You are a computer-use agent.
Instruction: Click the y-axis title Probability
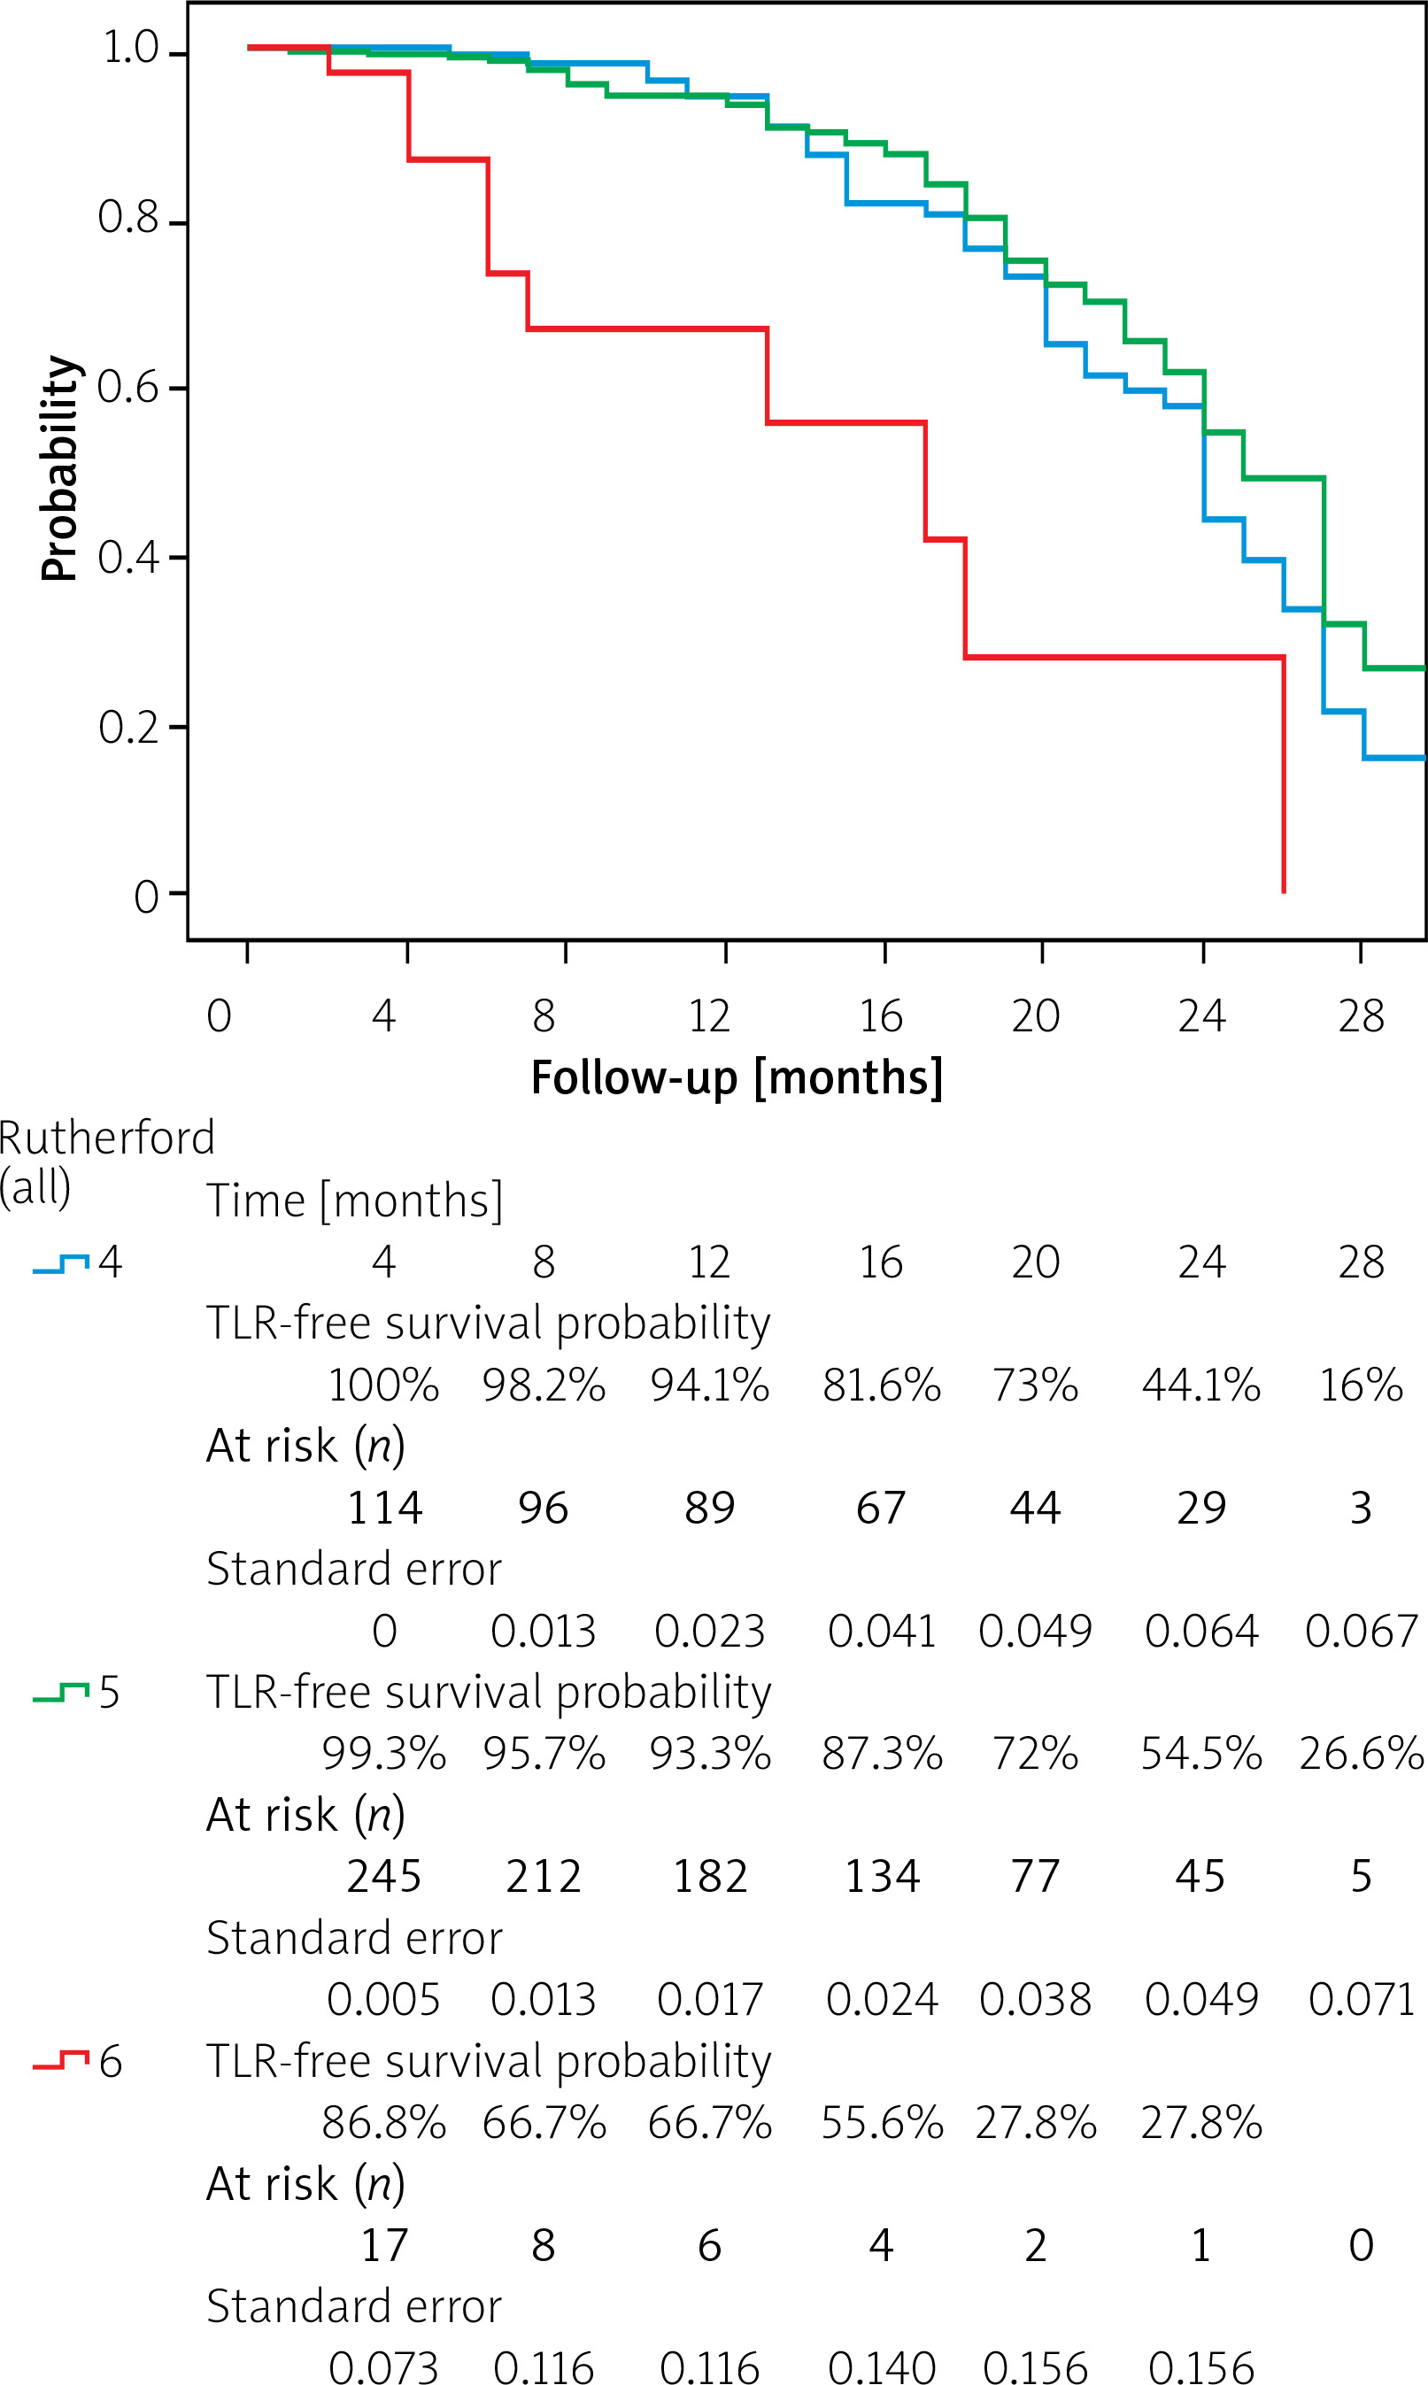(x=59, y=467)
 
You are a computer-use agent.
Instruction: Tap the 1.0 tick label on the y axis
(x=130, y=48)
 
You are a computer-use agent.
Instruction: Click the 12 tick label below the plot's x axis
(x=709, y=1016)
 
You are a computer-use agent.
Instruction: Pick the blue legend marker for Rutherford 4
(x=60, y=1263)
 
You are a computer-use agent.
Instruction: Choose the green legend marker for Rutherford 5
(x=60, y=1694)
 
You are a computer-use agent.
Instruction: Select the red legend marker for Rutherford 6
(x=60, y=2062)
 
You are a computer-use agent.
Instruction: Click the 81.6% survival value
(x=881, y=1385)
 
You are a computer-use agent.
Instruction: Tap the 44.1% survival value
(x=1200, y=1385)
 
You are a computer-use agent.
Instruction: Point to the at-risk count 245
(x=384, y=1876)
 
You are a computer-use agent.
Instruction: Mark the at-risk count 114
(x=384, y=1508)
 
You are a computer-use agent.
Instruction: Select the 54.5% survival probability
(x=1200, y=1754)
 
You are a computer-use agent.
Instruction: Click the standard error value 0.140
(x=881, y=2366)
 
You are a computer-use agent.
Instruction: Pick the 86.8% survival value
(x=384, y=2122)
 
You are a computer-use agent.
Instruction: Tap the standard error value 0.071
(x=1361, y=1999)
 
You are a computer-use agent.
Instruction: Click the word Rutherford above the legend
(x=107, y=1138)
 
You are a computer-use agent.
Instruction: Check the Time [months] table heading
(x=354, y=1200)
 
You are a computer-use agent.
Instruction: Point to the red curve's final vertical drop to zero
(x=1284, y=775)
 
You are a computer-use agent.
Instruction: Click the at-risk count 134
(x=882, y=1876)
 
